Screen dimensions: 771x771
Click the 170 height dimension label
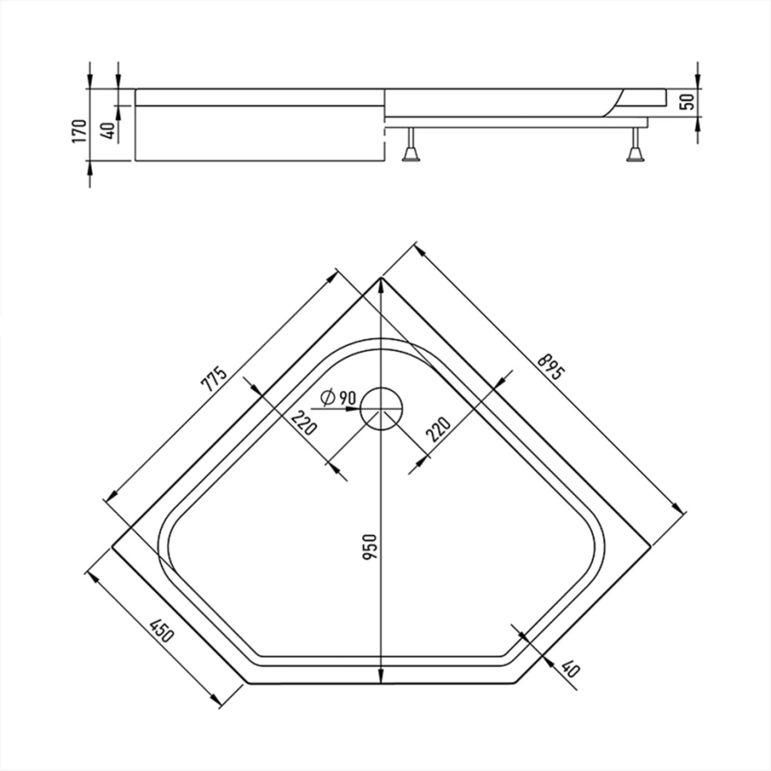tap(79, 131)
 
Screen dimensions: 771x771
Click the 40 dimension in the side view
tap(110, 130)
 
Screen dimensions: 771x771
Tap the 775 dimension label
tap(215, 378)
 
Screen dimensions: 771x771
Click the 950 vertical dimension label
tap(369, 547)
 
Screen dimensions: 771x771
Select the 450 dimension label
tap(162, 632)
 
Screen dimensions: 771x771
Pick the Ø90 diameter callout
tap(337, 397)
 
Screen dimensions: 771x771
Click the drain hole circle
tap(382, 409)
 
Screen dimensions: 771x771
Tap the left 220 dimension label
tap(304, 422)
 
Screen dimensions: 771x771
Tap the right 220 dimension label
tap(438, 429)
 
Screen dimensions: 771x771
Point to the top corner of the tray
tap(381, 279)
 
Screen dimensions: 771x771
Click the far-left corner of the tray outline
tap(112, 547)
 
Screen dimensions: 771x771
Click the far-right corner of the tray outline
tap(650, 547)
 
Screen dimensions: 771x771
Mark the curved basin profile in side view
tap(613, 103)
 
